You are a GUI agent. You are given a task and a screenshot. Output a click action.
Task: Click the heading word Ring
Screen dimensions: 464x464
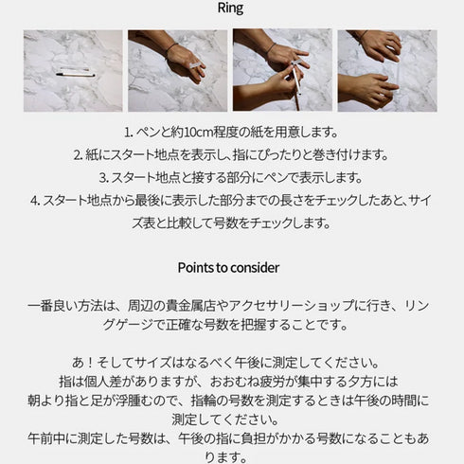[230, 9]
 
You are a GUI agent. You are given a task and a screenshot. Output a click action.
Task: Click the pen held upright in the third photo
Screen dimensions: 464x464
[296, 85]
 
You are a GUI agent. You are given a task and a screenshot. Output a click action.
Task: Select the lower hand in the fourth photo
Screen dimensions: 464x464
[369, 89]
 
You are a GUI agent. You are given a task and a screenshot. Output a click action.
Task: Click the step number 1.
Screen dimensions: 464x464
[127, 132]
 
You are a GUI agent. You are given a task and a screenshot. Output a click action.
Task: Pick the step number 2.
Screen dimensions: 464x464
[77, 154]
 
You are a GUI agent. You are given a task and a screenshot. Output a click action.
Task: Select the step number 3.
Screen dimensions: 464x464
[102, 177]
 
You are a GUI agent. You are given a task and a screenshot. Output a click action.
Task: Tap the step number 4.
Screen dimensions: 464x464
[34, 200]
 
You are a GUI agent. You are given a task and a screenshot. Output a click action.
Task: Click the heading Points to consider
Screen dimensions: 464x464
[228, 268]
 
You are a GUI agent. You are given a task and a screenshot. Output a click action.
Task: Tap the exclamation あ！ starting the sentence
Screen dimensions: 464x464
[82, 363]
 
